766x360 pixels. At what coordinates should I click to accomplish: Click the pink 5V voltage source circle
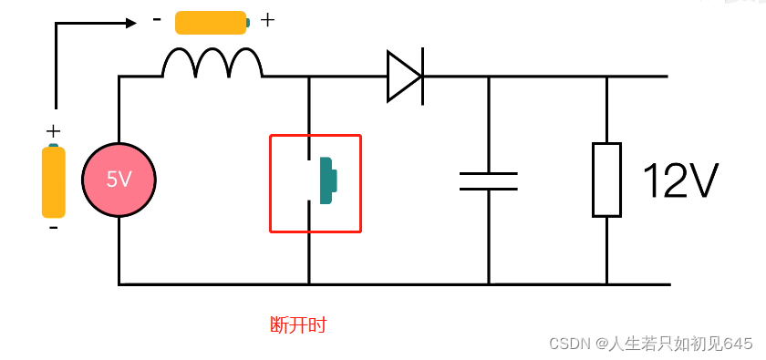119,180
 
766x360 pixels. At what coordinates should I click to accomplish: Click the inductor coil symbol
212,64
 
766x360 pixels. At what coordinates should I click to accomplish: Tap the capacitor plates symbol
489,180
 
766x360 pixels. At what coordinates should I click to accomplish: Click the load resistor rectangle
606,180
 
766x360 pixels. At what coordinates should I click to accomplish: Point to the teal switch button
326,179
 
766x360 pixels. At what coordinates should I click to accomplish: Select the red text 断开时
298,325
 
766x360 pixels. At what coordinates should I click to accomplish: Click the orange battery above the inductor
211,22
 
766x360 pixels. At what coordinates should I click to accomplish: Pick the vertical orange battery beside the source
54,182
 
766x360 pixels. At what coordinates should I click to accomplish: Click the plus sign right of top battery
267,20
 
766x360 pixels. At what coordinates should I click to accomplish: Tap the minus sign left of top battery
158,19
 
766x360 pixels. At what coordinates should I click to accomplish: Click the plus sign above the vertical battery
53,130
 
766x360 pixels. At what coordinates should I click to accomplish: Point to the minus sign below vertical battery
53,228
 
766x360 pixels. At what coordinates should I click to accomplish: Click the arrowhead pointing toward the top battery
130,23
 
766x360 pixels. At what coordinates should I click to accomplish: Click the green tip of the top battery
248,22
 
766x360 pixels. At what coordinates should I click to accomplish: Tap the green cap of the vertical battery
54,146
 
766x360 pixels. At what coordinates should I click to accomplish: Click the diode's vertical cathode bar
421,76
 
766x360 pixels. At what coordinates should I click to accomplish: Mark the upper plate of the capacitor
489,172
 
